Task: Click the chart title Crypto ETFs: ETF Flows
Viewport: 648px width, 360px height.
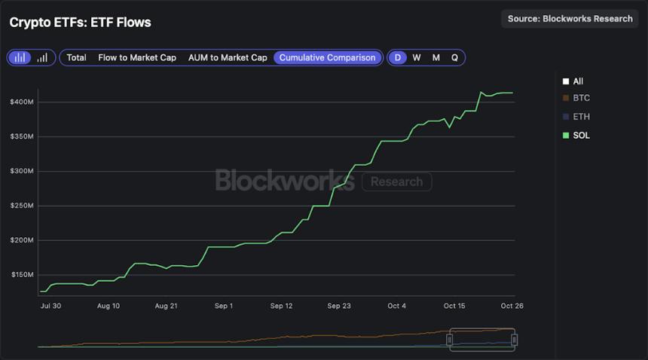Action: click(80, 23)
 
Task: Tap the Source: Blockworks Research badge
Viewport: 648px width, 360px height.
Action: click(570, 19)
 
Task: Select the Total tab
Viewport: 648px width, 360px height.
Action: click(76, 57)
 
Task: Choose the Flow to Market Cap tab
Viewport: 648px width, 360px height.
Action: click(137, 57)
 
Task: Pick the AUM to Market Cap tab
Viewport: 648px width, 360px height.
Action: click(228, 57)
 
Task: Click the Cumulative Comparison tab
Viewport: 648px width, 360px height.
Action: click(327, 57)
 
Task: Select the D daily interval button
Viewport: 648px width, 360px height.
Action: click(397, 57)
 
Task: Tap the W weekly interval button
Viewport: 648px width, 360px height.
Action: click(417, 57)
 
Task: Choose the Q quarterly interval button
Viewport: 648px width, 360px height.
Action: click(454, 57)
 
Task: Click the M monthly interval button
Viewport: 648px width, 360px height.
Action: click(436, 57)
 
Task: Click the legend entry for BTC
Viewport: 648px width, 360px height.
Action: click(580, 98)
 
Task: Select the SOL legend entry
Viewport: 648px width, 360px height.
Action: click(580, 136)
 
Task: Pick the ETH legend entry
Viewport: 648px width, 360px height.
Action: click(580, 117)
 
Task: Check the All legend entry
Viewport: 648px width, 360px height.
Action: click(577, 81)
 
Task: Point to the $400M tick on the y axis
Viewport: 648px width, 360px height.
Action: click(21, 102)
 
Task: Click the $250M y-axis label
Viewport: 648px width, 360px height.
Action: click(21, 206)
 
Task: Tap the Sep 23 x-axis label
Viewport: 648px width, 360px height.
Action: click(339, 306)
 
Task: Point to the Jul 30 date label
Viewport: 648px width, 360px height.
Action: click(51, 306)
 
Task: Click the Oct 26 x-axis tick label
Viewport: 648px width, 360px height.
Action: click(512, 306)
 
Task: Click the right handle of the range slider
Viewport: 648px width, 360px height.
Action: click(514, 340)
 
